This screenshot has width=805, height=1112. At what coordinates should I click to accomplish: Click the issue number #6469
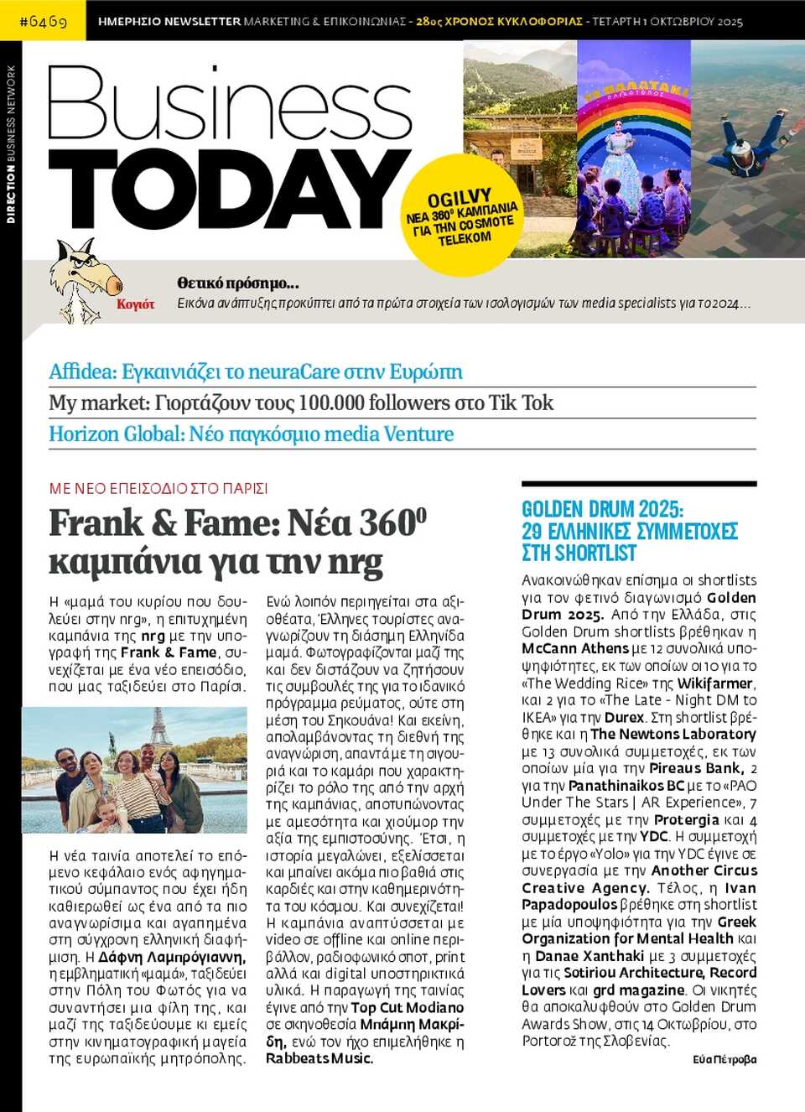[x=43, y=20]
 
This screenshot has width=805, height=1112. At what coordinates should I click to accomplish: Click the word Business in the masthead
[x=228, y=105]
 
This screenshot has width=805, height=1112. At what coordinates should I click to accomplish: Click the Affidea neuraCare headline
[x=255, y=372]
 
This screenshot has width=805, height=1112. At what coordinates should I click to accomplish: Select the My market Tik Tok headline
[x=300, y=403]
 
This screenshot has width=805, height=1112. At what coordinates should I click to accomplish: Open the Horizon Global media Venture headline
[x=251, y=434]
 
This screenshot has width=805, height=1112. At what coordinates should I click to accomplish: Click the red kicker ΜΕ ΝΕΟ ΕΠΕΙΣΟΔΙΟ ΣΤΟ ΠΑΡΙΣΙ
[x=158, y=488]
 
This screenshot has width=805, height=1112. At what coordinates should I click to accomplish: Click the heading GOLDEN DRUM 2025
[x=602, y=509]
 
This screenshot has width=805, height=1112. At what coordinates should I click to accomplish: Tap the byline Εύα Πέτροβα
[x=724, y=1059]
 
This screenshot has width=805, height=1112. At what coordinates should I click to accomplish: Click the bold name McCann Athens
[x=575, y=648]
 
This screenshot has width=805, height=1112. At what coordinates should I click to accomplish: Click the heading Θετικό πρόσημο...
[x=237, y=283]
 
